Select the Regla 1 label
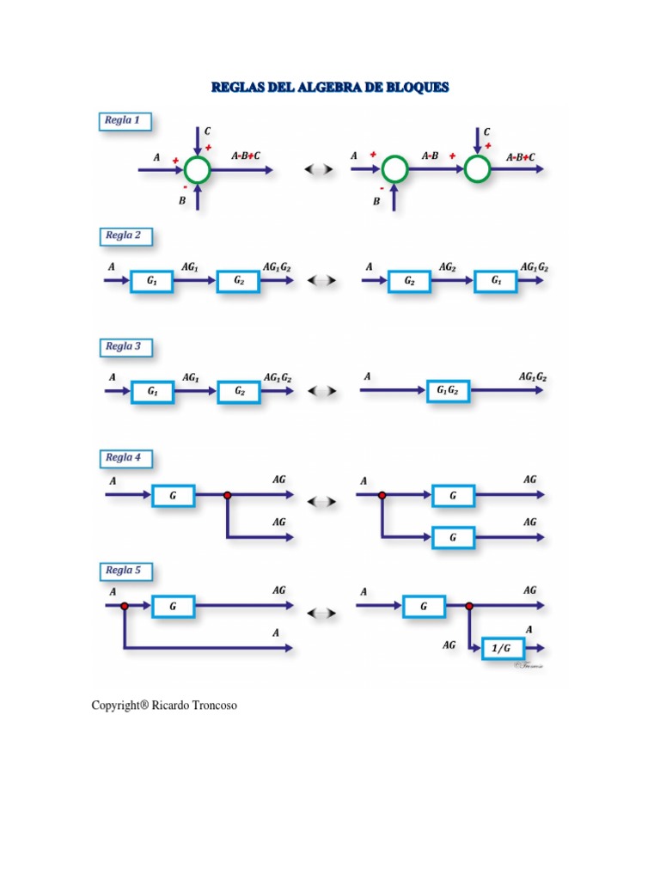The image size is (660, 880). (123, 121)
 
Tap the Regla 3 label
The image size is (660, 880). (123, 347)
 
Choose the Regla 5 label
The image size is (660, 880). (123, 571)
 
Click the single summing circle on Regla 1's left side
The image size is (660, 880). (198, 170)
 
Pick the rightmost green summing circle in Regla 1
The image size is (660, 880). (477, 170)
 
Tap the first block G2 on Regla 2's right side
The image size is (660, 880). (410, 280)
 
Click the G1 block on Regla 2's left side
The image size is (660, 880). (152, 280)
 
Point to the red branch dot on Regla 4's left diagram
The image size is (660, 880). (227, 495)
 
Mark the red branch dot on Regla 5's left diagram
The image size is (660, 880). (125, 606)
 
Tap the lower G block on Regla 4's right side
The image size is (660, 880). (453, 537)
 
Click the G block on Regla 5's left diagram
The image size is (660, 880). (173, 606)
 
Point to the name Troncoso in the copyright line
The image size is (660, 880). (206, 706)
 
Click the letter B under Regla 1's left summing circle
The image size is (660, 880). (181, 201)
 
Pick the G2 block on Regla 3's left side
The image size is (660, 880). (239, 391)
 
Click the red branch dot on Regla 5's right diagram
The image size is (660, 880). (468, 606)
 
